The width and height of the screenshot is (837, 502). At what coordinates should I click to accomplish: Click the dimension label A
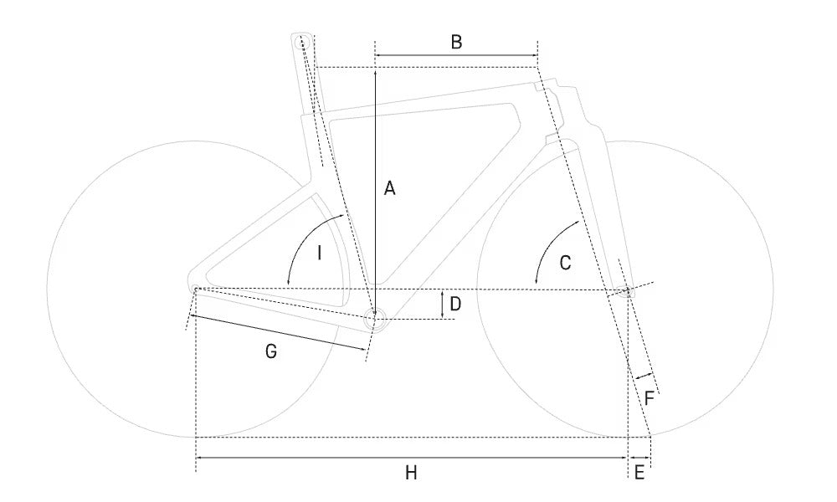pos(390,188)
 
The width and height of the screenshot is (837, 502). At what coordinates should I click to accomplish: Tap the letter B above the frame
pos(456,42)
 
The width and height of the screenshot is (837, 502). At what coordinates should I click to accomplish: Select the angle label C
pos(565,263)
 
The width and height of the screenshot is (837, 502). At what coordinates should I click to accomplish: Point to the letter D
pos(455,304)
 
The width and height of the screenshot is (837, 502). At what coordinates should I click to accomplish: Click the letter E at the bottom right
pos(639,473)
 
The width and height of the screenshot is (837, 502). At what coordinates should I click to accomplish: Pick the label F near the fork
pos(650,398)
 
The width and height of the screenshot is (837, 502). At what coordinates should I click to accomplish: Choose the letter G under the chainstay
pos(271,351)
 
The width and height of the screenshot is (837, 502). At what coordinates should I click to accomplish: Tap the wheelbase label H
pos(410,473)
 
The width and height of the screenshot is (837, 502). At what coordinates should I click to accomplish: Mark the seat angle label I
pos(319,253)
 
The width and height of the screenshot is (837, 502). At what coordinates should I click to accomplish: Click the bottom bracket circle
pos(375,320)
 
